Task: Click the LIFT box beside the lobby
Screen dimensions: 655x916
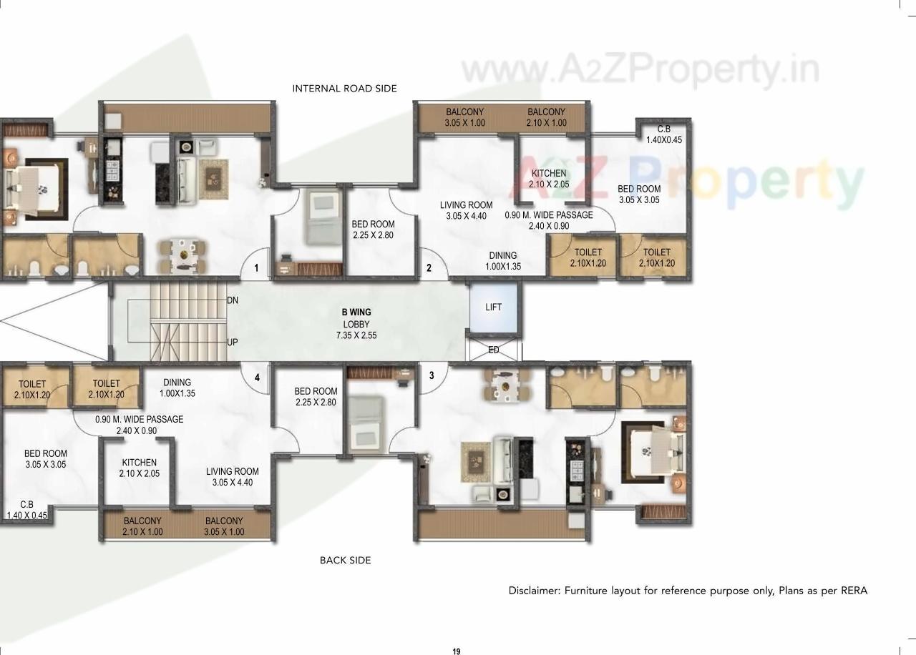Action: [493, 307]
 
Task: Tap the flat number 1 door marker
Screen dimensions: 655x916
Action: [255, 269]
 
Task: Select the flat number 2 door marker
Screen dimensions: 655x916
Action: [429, 269]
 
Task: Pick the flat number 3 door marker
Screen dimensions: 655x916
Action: [431, 375]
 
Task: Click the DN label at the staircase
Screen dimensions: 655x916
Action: [233, 300]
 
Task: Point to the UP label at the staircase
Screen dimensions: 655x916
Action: [233, 343]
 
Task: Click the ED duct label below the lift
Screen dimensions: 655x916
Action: [493, 350]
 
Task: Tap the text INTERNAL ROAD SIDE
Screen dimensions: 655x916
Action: [344, 89]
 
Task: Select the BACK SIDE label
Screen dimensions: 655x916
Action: [345, 561]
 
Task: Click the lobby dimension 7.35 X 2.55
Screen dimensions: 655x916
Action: [356, 335]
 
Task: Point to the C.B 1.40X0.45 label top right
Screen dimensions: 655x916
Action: [663, 134]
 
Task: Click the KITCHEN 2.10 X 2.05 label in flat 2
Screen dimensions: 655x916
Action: [549, 179]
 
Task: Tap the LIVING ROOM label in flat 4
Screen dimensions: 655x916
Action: [233, 477]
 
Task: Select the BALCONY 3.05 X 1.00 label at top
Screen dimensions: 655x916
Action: [464, 117]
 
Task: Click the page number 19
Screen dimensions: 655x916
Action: [457, 651]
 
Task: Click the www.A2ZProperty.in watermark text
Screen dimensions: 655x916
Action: [640, 71]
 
